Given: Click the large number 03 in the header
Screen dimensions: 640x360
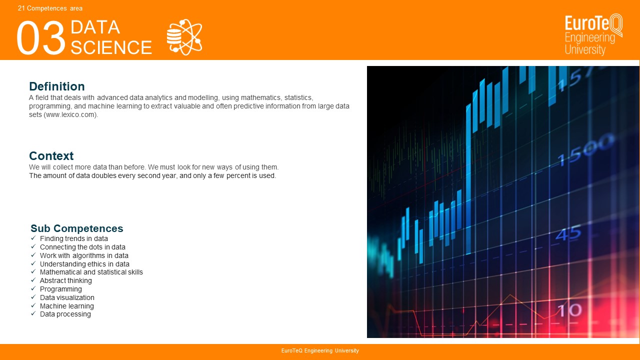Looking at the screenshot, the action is point(41,37).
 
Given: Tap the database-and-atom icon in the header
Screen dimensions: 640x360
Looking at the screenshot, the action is point(184,37).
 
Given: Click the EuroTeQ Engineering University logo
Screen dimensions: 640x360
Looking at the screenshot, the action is point(593,34).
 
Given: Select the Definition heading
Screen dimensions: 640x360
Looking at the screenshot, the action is point(57,86).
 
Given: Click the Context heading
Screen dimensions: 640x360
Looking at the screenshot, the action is point(51,155).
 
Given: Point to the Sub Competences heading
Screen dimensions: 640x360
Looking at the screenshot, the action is point(77,228).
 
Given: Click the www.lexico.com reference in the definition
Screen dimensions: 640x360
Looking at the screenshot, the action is point(70,114).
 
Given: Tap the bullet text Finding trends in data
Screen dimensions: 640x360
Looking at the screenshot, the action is point(73,238).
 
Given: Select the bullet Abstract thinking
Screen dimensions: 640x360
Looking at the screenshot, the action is point(65,280).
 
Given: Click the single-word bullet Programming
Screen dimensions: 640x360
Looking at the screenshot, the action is point(61,289).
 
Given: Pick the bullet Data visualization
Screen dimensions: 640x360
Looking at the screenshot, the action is point(67,297).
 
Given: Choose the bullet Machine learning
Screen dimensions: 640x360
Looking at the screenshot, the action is point(67,306).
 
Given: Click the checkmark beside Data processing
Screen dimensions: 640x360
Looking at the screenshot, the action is point(33,313).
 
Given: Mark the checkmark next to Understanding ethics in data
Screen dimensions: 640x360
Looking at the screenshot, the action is point(33,263).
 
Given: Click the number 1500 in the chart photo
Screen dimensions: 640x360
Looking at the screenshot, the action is point(585,151).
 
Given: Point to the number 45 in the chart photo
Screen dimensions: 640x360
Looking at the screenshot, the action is point(568,232).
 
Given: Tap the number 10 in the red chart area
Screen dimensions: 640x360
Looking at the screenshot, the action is point(569,310).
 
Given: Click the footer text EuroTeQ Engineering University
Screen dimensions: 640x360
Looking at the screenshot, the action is point(320,350).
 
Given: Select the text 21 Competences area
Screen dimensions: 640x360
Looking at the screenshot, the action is point(50,8).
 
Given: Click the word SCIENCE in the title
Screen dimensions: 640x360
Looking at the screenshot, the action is point(111,47).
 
